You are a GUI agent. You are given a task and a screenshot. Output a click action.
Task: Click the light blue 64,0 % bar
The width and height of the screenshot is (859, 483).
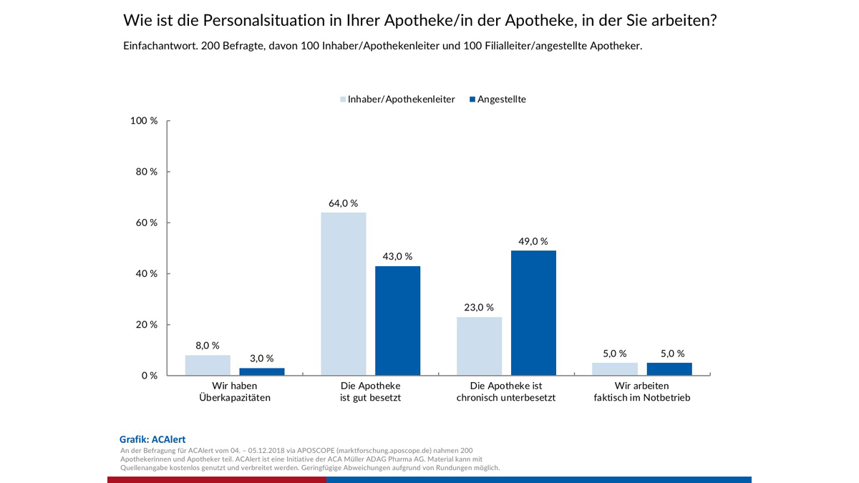[343, 293]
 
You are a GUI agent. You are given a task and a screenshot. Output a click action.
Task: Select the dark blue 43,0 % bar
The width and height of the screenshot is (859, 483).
[397, 321]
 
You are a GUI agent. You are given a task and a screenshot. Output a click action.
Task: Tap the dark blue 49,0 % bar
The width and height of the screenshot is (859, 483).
[533, 313]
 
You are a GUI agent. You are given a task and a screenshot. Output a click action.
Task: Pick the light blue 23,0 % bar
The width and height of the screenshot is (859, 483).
[479, 346]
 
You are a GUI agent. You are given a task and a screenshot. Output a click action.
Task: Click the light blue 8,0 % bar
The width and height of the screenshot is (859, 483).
[208, 365]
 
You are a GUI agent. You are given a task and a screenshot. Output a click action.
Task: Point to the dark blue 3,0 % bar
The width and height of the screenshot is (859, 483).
[261, 371]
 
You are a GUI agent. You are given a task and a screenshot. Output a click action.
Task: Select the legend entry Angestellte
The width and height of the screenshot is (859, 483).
[501, 99]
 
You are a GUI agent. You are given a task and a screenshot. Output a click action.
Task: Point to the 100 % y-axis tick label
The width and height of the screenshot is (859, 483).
[144, 121]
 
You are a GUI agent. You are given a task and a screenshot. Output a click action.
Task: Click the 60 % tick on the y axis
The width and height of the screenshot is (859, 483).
[147, 223]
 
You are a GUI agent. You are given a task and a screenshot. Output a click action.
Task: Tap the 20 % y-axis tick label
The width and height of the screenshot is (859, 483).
[147, 325]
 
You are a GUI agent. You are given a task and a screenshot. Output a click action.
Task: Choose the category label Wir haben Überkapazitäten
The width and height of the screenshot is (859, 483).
[234, 391]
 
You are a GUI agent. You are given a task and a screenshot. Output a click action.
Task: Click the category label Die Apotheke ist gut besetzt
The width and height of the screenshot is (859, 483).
[370, 391]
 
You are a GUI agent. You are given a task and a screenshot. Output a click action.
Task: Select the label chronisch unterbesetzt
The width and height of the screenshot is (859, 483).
[506, 398]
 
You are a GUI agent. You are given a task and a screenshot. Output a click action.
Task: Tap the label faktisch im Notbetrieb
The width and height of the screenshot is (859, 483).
[642, 398]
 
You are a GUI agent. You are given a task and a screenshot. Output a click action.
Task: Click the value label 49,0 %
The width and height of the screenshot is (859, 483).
[533, 241]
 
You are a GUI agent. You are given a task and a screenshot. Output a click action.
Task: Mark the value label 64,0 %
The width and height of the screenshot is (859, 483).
[343, 203]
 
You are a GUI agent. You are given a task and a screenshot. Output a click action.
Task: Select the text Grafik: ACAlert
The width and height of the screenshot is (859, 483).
[152, 439]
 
